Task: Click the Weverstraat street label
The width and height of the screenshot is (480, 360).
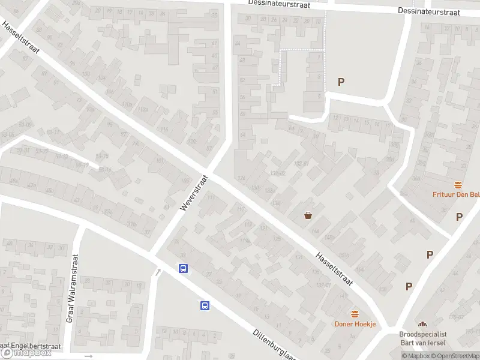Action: (193, 193)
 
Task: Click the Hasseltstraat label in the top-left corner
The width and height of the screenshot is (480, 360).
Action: (20, 38)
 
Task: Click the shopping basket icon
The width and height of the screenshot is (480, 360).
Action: (308, 215)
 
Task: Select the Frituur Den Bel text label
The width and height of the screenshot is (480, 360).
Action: (456, 194)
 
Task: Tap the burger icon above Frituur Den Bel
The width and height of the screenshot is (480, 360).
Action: (459, 185)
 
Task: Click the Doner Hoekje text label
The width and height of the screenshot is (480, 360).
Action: (355, 324)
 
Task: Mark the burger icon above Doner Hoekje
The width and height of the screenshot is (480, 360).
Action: (355, 314)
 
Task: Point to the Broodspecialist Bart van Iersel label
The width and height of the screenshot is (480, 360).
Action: (423, 338)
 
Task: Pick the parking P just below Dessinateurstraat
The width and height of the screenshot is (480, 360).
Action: (341, 82)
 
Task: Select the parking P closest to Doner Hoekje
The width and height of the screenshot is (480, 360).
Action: (409, 286)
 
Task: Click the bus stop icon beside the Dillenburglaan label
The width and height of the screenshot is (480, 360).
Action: (205, 305)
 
